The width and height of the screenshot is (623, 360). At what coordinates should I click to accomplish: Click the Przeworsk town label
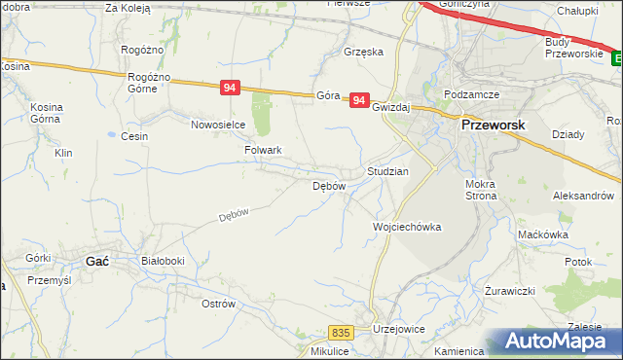click(x=493, y=126)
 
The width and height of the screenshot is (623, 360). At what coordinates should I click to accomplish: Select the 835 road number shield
click(x=340, y=332)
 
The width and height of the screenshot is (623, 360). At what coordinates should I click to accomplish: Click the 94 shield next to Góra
click(x=360, y=99)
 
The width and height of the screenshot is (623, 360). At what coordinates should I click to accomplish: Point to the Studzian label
click(x=387, y=171)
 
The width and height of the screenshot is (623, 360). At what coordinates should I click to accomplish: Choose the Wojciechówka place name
click(x=407, y=227)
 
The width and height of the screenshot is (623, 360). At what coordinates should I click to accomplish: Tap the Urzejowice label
click(x=398, y=330)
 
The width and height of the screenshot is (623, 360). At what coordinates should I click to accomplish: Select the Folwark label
click(x=263, y=151)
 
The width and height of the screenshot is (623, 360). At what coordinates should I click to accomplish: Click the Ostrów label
click(x=218, y=304)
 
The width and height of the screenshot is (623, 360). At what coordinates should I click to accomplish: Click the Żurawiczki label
click(x=510, y=291)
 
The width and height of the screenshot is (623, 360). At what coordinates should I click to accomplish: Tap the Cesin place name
click(x=134, y=136)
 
